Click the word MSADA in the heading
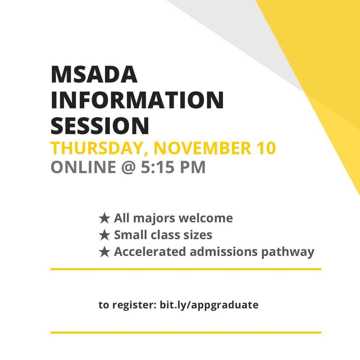(94, 75)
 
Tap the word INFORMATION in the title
(137, 100)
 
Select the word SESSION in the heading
(100, 125)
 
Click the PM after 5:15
(193, 167)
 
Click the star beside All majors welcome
(104, 219)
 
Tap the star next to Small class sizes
(104, 235)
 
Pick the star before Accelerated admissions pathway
(104, 252)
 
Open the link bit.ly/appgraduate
(209, 305)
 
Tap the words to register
(128, 305)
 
